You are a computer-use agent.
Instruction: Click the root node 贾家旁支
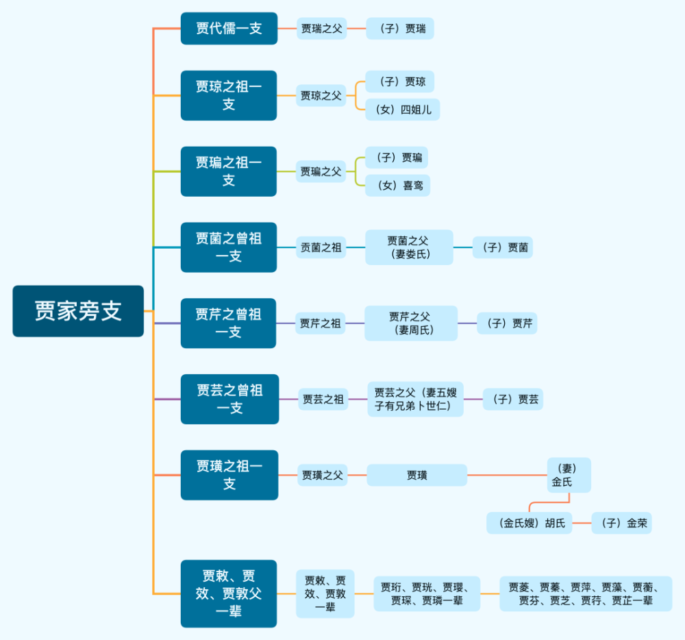pyautogui.click(x=78, y=311)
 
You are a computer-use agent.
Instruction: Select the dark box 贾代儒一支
pyautogui.click(x=229, y=29)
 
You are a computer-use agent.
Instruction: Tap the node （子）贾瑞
pyautogui.click(x=400, y=29)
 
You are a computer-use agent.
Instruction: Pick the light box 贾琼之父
pyautogui.click(x=321, y=95)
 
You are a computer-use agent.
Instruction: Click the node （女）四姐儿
pyautogui.click(x=403, y=110)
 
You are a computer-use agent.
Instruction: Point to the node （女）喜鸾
pyautogui.click(x=398, y=186)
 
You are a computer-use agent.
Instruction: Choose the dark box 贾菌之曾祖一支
pyautogui.click(x=229, y=247)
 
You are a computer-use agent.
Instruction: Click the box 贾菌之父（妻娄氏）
pyautogui.click(x=409, y=247)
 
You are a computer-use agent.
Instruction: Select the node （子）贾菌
pyautogui.click(x=503, y=247)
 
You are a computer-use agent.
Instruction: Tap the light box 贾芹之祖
pyautogui.click(x=321, y=323)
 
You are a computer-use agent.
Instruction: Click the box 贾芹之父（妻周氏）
pyautogui.click(x=411, y=323)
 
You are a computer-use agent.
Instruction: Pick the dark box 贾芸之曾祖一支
pyautogui.click(x=229, y=399)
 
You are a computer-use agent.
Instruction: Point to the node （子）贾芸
pyautogui.click(x=513, y=399)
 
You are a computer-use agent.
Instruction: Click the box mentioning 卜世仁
pyautogui.click(x=416, y=399)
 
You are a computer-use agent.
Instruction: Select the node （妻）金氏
pyautogui.click(x=569, y=475)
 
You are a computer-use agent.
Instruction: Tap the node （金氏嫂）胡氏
pyautogui.click(x=530, y=524)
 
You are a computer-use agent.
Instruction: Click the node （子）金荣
pyautogui.click(x=621, y=524)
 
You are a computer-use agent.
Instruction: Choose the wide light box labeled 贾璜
pyautogui.click(x=416, y=475)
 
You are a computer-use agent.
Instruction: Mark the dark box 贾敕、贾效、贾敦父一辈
pyautogui.click(x=229, y=593)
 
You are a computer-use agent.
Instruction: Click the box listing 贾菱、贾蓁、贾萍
pyautogui.click(x=586, y=593)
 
